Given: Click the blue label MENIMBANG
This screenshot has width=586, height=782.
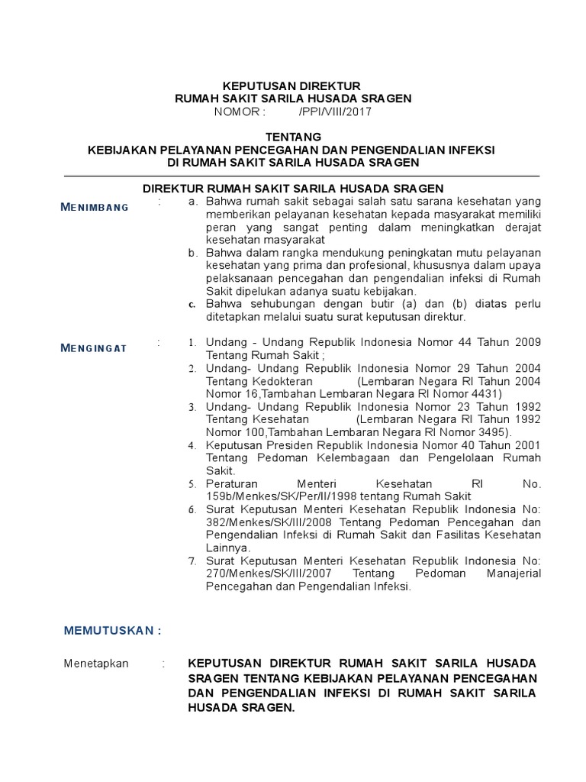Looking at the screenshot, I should pyautogui.click(x=95, y=207).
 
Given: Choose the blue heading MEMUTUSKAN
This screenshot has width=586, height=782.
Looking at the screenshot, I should pyautogui.click(x=113, y=631).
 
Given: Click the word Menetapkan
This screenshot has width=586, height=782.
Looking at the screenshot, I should pyautogui.click(x=96, y=664).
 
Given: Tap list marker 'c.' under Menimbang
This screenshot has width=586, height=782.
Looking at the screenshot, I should pyautogui.click(x=193, y=304).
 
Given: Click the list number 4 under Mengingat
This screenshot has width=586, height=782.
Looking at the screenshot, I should pyautogui.click(x=193, y=445).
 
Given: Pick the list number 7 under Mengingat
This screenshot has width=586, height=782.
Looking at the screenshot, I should pyautogui.click(x=193, y=561).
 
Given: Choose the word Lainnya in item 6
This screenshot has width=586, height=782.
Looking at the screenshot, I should pyautogui.click(x=227, y=548).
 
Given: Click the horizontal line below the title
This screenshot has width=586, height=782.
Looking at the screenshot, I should pyautogui.click(x=301, y=176).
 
